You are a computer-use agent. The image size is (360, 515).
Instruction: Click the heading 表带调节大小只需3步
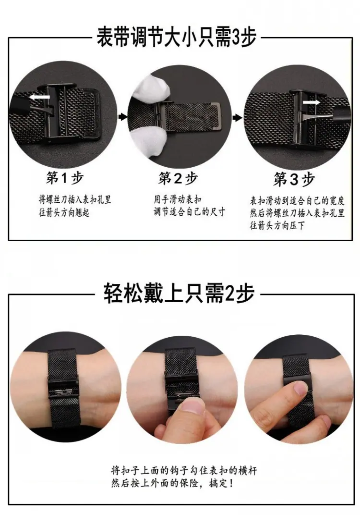coord(176,37)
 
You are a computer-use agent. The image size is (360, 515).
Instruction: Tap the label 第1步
coord(65,178)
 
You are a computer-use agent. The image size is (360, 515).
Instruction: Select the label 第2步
coord(178,179)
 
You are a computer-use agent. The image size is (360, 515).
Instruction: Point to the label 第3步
coord(294,180)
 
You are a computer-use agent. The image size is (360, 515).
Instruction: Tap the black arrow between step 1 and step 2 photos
coord(123,116)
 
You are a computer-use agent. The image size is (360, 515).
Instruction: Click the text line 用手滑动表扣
coord(178,199)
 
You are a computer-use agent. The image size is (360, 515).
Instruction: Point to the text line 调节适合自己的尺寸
coord(189,211)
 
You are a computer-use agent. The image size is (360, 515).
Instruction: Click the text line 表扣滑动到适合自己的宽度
coord(297,200)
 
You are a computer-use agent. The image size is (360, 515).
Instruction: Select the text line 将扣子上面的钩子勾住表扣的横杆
coord(183,471)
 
